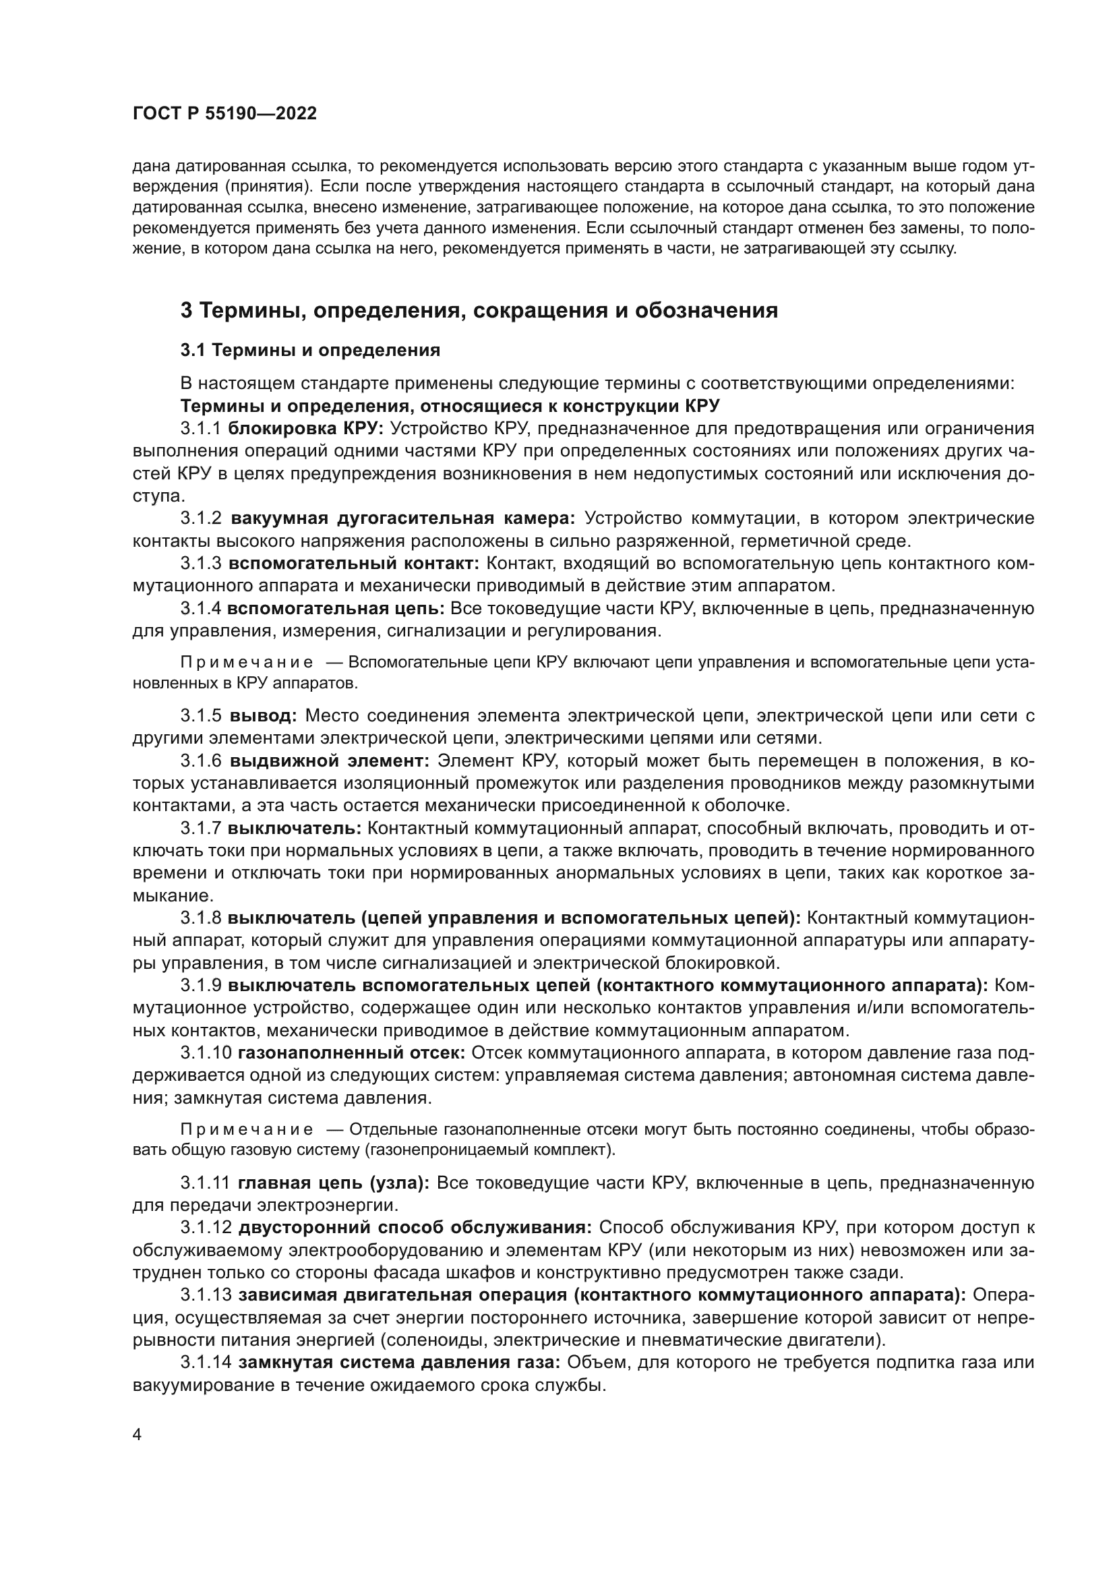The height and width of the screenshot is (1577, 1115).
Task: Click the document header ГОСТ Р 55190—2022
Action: [224, 114]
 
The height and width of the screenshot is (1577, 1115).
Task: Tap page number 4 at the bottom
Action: [137, 1435]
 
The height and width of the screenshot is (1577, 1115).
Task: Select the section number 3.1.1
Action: [200, 429]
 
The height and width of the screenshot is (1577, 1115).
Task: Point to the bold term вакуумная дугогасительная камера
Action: [403, 518]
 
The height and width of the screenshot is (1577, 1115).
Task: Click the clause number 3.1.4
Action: [200, 609]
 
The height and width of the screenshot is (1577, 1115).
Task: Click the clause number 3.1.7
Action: [200, 829]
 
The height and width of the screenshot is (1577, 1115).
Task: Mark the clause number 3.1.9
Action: [200, 986]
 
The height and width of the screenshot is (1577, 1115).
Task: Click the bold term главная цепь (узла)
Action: [334, 1183]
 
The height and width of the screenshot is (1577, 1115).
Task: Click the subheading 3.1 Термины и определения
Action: [310, 351]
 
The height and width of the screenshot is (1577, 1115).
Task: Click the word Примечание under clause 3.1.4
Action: [247, 663]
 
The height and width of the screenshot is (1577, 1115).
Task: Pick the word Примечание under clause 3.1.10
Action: [247, 1130]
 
